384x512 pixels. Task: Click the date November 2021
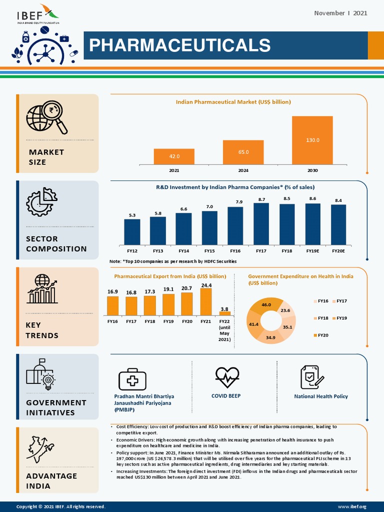tap(340, 13)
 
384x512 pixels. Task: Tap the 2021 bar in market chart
tap(174, 156)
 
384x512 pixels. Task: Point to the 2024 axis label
tap(243, 170)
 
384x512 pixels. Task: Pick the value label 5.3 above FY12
tap(132, 215)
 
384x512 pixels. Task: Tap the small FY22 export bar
tap(224, 313)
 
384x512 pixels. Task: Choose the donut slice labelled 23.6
tap(286, 310)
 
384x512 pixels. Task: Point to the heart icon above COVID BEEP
tap(227, 377)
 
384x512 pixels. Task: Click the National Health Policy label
tap(320, 396)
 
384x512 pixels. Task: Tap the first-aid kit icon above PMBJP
tap(133, 379)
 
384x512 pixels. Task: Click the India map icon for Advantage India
tap(41, 449)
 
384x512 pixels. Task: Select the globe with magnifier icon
tap(46, 118)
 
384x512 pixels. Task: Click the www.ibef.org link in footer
tap(355, 506)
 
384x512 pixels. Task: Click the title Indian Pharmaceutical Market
tap(233, 101)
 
